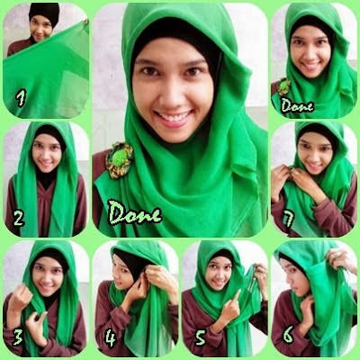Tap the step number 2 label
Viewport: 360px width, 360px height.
(x=18, y=217)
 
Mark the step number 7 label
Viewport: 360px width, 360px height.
(x=287, y=217)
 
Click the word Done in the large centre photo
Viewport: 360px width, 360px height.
(x=134, y=214)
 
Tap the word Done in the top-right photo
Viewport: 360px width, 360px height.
(x=296, y=104)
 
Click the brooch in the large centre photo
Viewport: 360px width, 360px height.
(x=119, y=159)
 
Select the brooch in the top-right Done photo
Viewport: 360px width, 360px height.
(x=284, y=86)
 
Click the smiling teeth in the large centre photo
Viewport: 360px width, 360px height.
(x=174, y=117)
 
